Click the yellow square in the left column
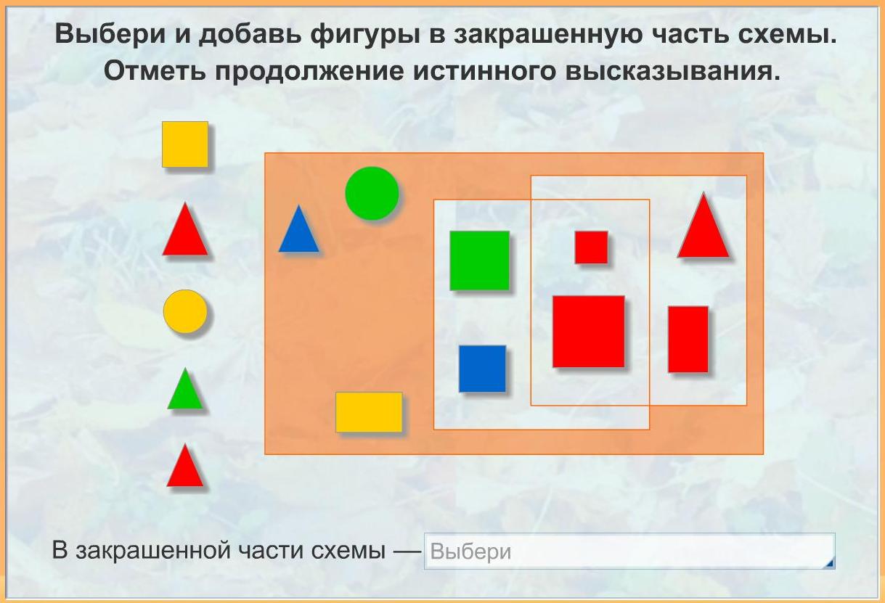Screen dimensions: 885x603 [x=185, y=144]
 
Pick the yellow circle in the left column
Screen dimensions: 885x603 [x=185, y=311]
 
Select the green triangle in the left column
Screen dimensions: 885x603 [x=185, y=390]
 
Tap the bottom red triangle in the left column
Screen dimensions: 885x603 [x=185, y=466]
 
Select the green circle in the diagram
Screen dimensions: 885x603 [x=372, y=193]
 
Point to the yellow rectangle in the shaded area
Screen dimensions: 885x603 [x=369, y=412]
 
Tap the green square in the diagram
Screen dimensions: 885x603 [x=479, y=261]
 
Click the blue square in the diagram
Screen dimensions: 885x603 [x=482, y=369]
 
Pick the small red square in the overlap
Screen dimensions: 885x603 [x=591, y=247]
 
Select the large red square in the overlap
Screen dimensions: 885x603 [x=588, y=332]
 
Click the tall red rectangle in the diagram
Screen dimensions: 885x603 [x=688, y=339]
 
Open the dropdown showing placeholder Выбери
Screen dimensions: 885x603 [x=629, y=551]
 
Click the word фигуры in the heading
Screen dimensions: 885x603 [x=364, y=34]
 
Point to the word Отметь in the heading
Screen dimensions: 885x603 [x=155, y=71]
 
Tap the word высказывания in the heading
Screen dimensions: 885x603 [x=672, y=71]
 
